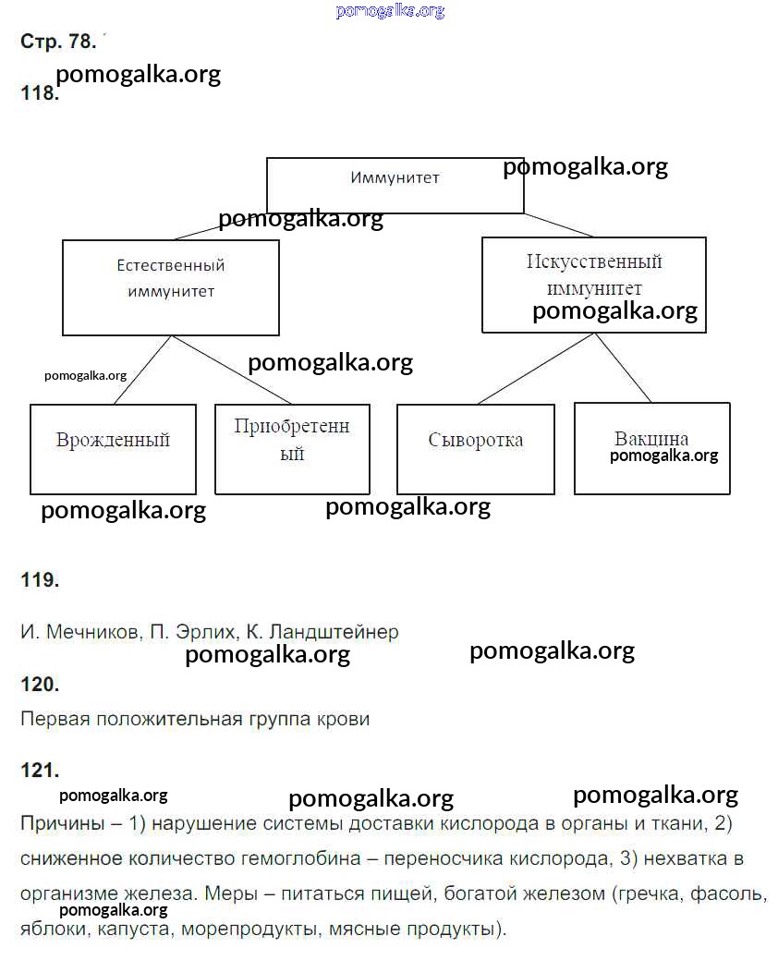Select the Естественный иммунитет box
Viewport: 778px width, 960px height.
click(170, 287)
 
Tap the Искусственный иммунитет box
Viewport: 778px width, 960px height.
click(593, 284)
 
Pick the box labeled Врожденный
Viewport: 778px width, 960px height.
click(113, 449)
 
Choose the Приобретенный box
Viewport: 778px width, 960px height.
click(292, 449)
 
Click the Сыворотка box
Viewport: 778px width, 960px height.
click(475, 449)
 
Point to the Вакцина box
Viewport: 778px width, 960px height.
click(651, 448)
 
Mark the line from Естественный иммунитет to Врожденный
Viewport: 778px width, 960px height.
click(142, 371)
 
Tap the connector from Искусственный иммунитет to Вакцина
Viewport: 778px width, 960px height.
click(623, 368)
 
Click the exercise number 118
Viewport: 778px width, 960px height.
click(39, 94)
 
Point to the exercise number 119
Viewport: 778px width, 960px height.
click(40, 580)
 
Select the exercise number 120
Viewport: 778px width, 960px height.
click(40, 685)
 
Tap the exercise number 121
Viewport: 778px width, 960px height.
click(40, 770)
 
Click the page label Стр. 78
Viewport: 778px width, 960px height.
click(57, 42)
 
